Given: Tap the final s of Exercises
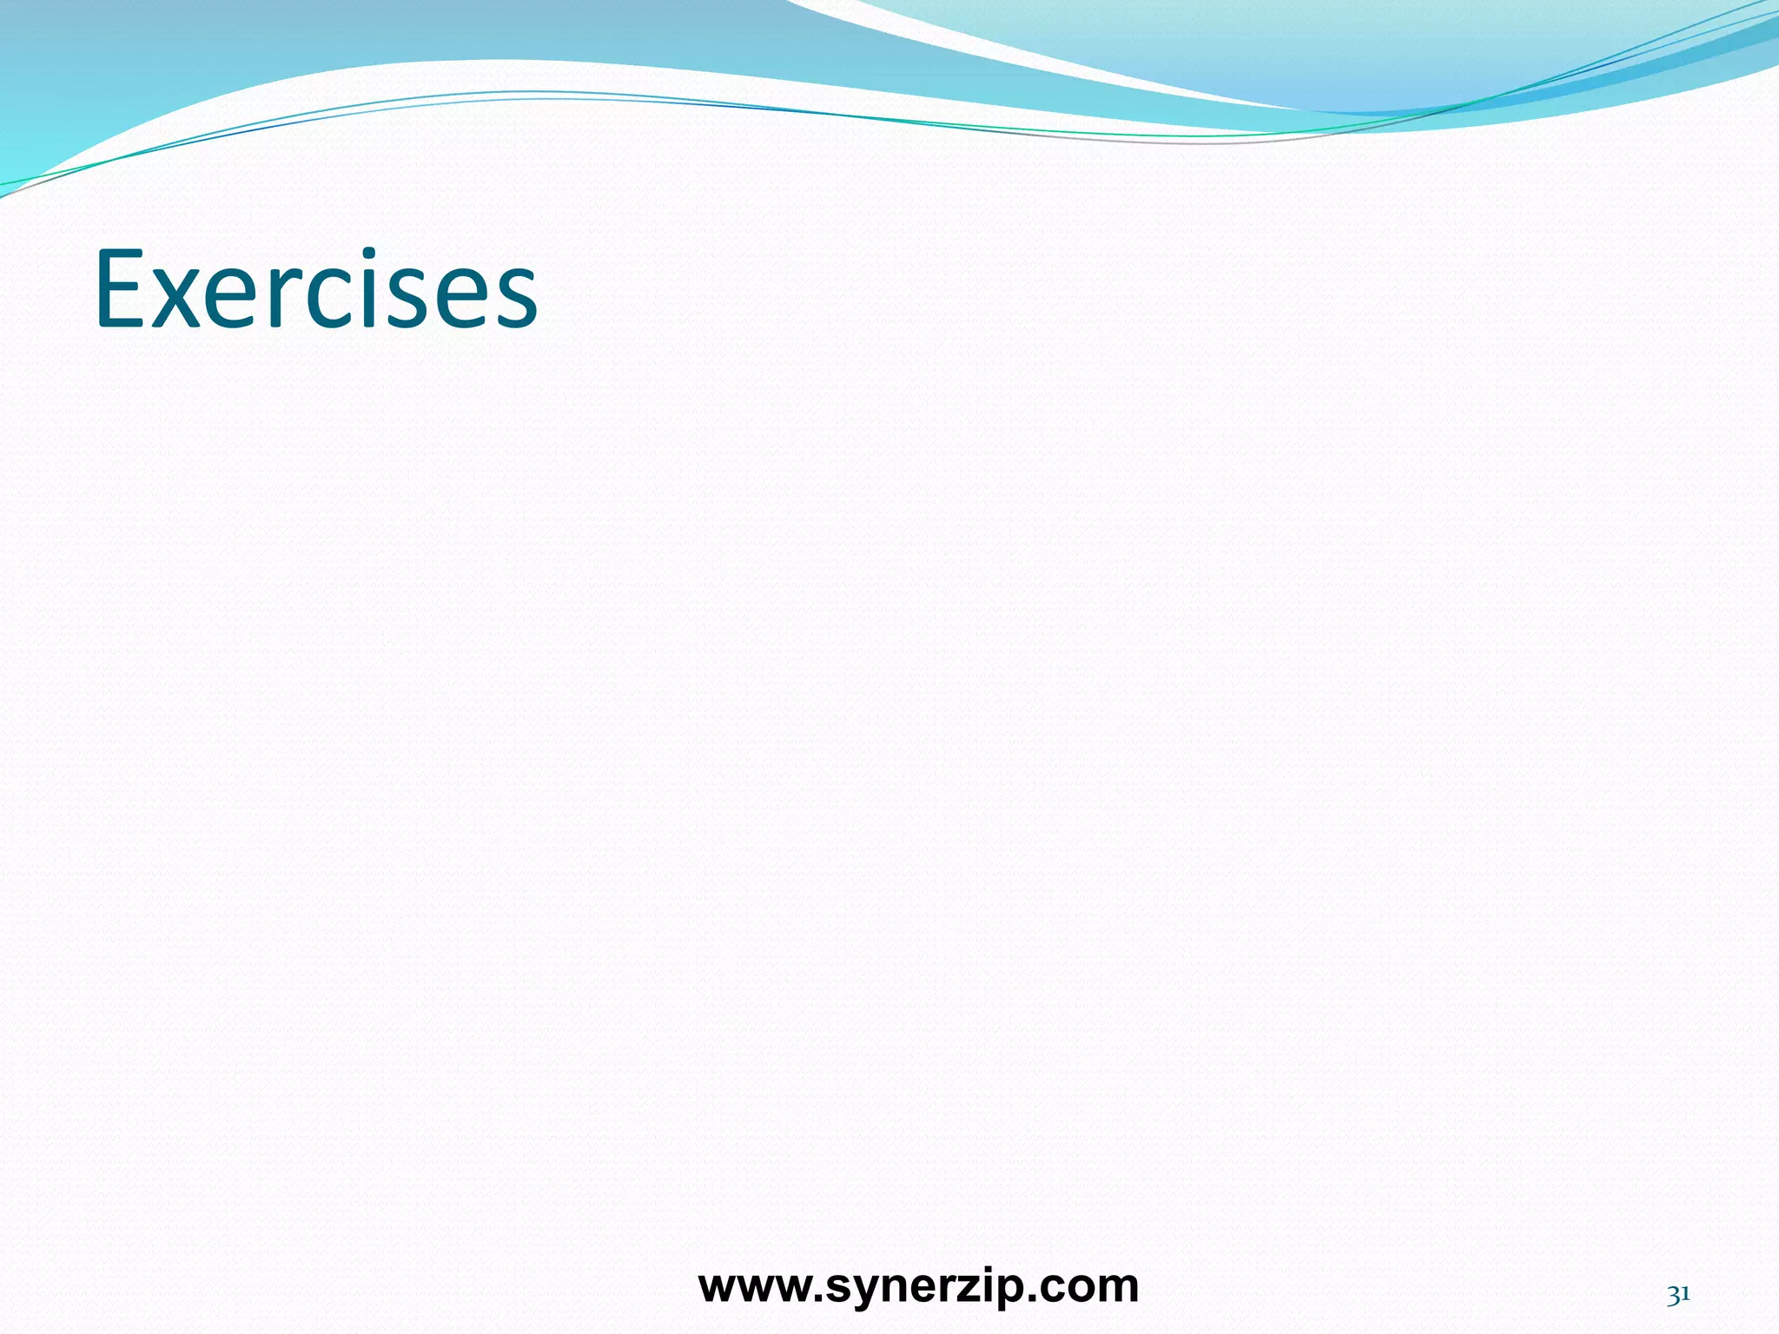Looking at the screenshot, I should pyautogui.click(x=513, y=300).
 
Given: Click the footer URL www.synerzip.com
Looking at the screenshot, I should pyautogui.click(x=918, y=1286).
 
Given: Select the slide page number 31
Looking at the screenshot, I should pyautogui.click(x=1678, y=1295).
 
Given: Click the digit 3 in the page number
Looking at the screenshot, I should pyautogui.click(x=1673, y=1296).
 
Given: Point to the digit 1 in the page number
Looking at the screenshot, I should pyautogui.click(x=1685, y=1295).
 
